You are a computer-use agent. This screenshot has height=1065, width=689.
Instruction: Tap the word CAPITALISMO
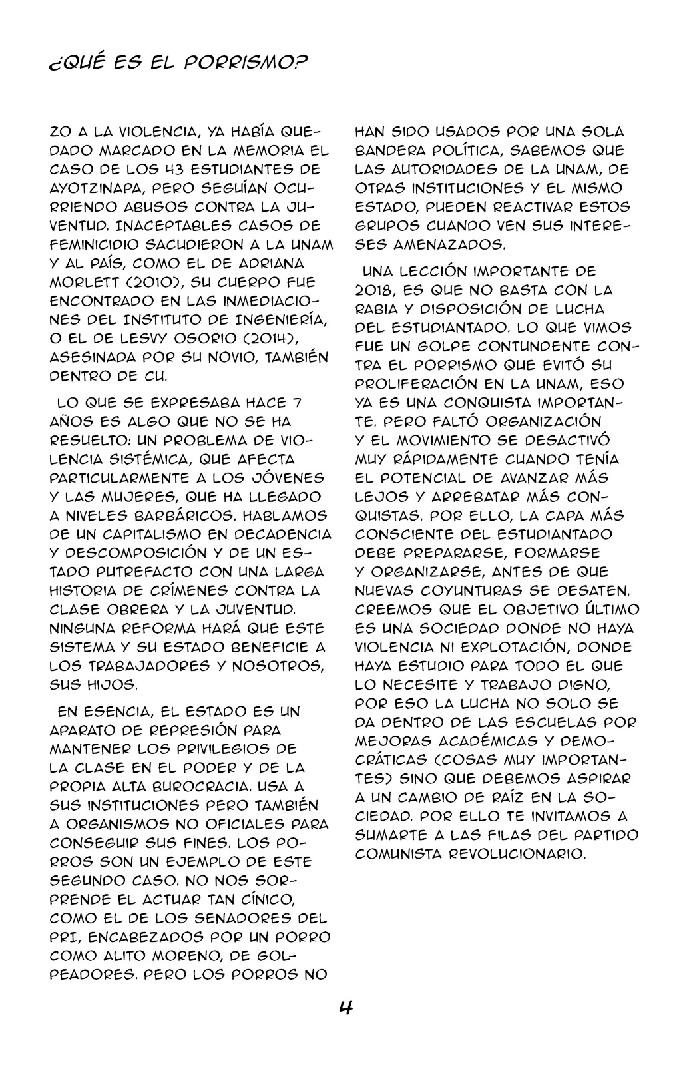(x=158, y=534)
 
